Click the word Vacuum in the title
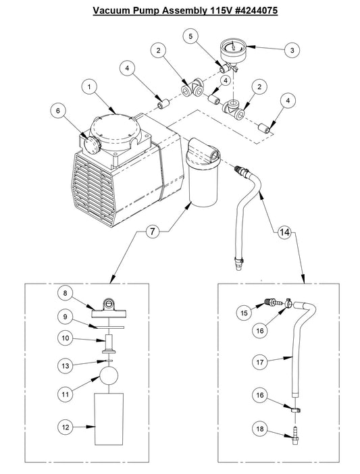113,11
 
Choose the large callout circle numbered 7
152,232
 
